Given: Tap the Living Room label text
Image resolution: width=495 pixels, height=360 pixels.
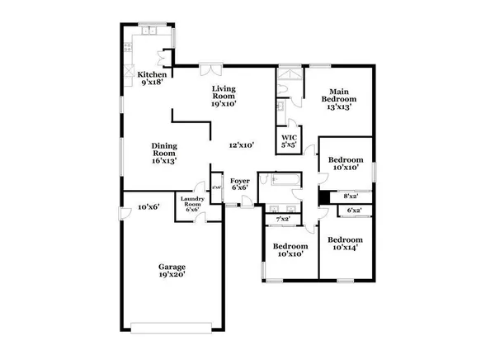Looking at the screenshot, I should pyautogui.click(x=224, y=96).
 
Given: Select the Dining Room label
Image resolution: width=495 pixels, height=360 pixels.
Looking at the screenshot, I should pyautogui.click(x=164, y=154).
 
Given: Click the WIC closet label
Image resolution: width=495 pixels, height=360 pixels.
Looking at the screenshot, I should pyautogui.click(x=289, y=141).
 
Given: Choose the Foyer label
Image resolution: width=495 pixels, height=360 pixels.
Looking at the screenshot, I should pyautogui.click(x=239, y=184).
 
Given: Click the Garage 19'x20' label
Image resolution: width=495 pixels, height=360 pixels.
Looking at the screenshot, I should pyautogui.click(x=172, y=272).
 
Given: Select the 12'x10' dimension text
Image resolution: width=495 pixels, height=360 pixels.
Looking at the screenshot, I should pyautogui.click(x=241, y=145).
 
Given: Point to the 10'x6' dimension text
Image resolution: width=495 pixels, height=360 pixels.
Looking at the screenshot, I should pyautogui.click(x=148, y=206).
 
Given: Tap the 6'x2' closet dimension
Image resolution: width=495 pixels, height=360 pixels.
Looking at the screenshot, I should pyautogui.click(x=355, y=212).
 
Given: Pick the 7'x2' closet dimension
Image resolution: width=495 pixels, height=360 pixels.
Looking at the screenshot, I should pyautogui.click(x=282, y=218).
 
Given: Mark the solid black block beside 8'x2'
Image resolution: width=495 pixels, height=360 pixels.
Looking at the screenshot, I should pyautogui.click(x=324, y=197).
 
